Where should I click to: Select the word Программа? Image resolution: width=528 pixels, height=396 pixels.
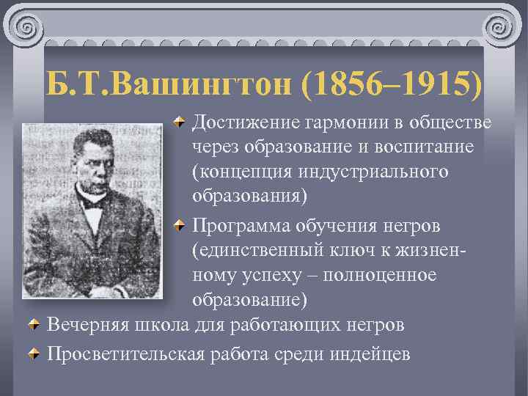click(x=246, y=224)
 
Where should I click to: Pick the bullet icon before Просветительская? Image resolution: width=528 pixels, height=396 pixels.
click(x=34, y=353)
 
